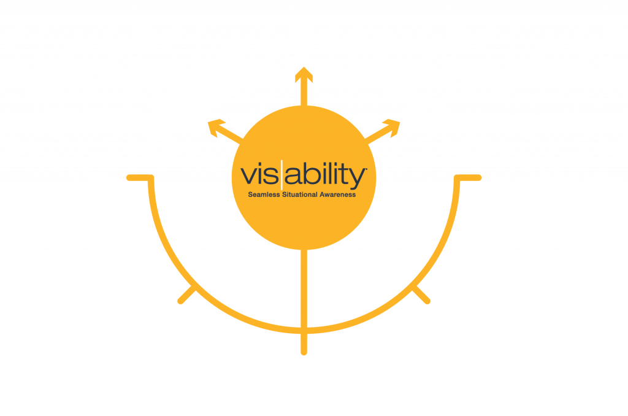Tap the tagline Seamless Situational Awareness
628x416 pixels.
coord(302,195)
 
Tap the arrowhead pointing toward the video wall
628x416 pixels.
coord(215,127)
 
